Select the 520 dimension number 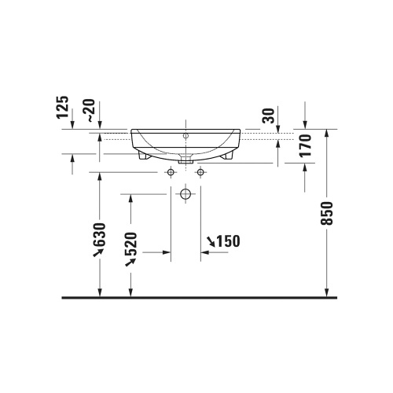[131, 249]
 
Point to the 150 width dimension [226, 241]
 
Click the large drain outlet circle [185, 193]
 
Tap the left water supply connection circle [170, 171]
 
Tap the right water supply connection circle [200, 171]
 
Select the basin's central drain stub [185, 159]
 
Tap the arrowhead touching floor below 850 [328, 292]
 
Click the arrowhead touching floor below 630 [100, 292]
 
